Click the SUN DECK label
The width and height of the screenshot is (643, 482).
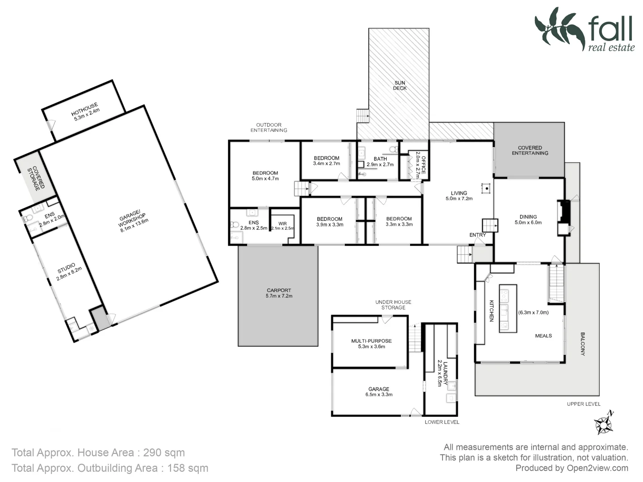pos(400,85)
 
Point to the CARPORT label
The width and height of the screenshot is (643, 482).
pos(279,291)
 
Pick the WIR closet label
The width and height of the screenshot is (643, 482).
pos(282,223)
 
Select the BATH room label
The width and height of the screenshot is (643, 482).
pos(380,159)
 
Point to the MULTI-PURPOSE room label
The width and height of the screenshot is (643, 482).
pos(371,341)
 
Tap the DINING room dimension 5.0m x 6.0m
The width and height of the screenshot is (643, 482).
pos(528,222)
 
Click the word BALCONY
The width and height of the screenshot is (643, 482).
pos(582,343)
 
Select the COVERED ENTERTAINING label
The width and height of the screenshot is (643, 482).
pos(530,150)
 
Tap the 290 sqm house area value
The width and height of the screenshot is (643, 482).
pos(163,453)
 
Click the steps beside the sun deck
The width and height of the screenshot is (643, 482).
pos(363,116)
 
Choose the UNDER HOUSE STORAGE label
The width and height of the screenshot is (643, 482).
pos(393,305)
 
